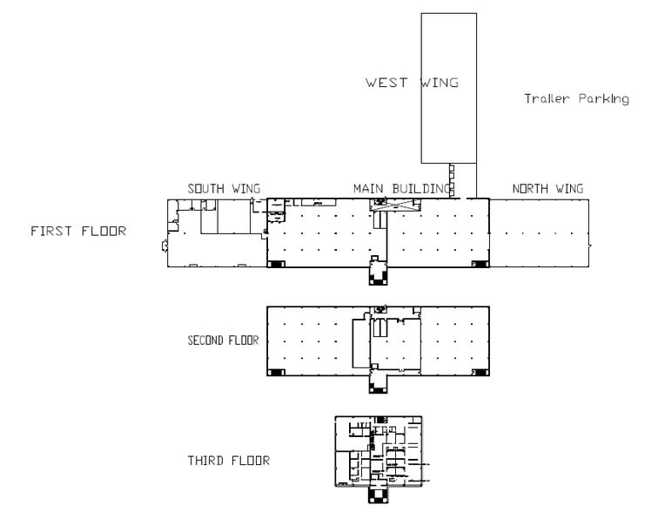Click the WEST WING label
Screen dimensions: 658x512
[x=412, y=82]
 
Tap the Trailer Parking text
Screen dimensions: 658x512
[x=576, y=98]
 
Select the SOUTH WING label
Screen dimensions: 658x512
[x=224, y=189]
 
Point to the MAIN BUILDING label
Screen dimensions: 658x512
[x=402, y=189]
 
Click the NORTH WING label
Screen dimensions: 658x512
[x=547, y=189]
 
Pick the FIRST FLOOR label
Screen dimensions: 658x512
[x=78, y=232]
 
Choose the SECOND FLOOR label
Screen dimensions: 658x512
[x=223, y=340]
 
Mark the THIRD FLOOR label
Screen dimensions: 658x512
[x=229, y=461]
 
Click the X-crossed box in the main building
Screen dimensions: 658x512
[x=395, y=205]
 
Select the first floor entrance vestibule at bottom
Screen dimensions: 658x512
[x=378, y=273]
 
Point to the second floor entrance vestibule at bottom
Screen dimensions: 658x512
[x=378, y=381]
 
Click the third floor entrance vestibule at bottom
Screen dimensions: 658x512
[x=378, y=495]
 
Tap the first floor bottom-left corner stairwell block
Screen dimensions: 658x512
[x=276, y=264]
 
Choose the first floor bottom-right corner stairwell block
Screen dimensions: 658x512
[x=480, y=264]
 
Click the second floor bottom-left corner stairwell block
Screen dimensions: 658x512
[x=276, y=373]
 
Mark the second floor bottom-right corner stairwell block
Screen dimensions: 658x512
[x=480, y=373]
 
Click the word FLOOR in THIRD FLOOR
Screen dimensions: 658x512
[x=250, y=461]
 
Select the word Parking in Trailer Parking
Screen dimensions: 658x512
[x=604, y=99]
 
